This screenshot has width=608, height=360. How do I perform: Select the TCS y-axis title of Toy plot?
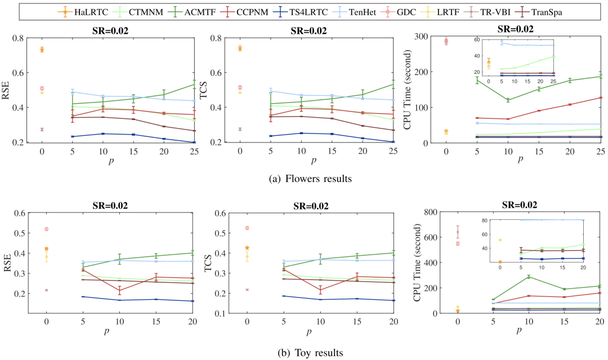coord(206,263)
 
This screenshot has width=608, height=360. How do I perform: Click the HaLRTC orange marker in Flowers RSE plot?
coord(42,50)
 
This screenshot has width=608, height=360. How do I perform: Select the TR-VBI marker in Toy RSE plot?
coord(46,290)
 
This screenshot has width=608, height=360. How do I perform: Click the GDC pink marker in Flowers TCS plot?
coord(240,87)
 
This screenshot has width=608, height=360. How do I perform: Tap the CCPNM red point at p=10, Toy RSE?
coord(118,290)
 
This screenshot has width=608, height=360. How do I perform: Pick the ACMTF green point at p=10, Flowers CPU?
coord(508,100)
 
